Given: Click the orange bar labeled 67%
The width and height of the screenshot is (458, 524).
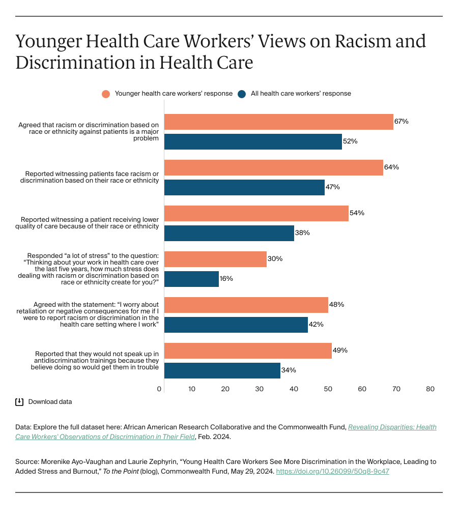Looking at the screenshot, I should point(278,122).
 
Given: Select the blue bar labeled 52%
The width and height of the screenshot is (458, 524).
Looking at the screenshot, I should point(253,141).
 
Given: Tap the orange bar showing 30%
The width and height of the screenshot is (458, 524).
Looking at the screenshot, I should point(215,259).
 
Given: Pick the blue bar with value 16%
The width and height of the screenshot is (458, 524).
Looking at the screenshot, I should point(191,279).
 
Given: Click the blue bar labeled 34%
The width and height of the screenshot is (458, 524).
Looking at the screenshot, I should point(222,370).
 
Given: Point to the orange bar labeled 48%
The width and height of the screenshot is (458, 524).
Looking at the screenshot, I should point(246,305).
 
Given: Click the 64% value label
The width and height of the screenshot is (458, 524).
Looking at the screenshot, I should point(391,167).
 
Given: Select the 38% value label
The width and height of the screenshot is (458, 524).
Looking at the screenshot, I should point(302,233).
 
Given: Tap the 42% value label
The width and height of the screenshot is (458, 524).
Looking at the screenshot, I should point(316,325).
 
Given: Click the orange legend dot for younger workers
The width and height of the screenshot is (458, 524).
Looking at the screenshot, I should point(106,94).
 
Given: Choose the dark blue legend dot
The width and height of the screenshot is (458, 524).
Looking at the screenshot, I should point(242,94).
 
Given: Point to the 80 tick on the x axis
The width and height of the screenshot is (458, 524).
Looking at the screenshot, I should point(430,389).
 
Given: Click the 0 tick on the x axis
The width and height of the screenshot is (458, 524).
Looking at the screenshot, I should point(159,389).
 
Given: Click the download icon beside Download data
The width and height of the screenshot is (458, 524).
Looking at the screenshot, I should point(19,402).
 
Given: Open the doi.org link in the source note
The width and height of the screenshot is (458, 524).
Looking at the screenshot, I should point(333,471).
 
